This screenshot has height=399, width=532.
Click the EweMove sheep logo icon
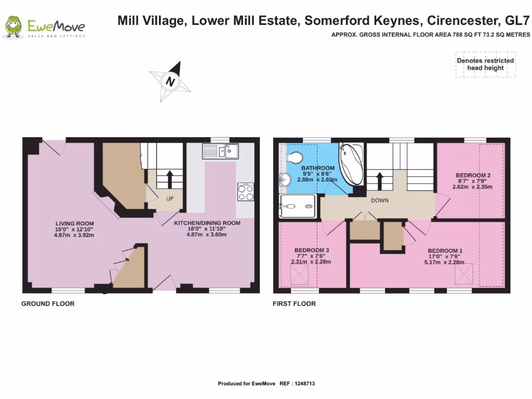point(13,27)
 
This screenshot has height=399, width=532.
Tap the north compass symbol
point(170,82)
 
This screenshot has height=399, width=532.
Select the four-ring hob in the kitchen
point(245,192)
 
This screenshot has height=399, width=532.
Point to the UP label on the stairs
point(169,198)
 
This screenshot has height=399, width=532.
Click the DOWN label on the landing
point(379,200)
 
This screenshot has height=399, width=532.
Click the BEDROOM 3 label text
point(311,250)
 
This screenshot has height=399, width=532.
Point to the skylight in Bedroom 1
point(465,274)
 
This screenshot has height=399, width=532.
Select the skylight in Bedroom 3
point(298,274)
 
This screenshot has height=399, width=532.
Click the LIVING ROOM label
point(74,223)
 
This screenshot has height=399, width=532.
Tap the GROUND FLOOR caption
point(48,304)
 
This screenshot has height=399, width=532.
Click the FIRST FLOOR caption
point(294,304)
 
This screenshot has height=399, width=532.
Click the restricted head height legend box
point(485,64)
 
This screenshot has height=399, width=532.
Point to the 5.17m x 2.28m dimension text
point(444,262)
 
